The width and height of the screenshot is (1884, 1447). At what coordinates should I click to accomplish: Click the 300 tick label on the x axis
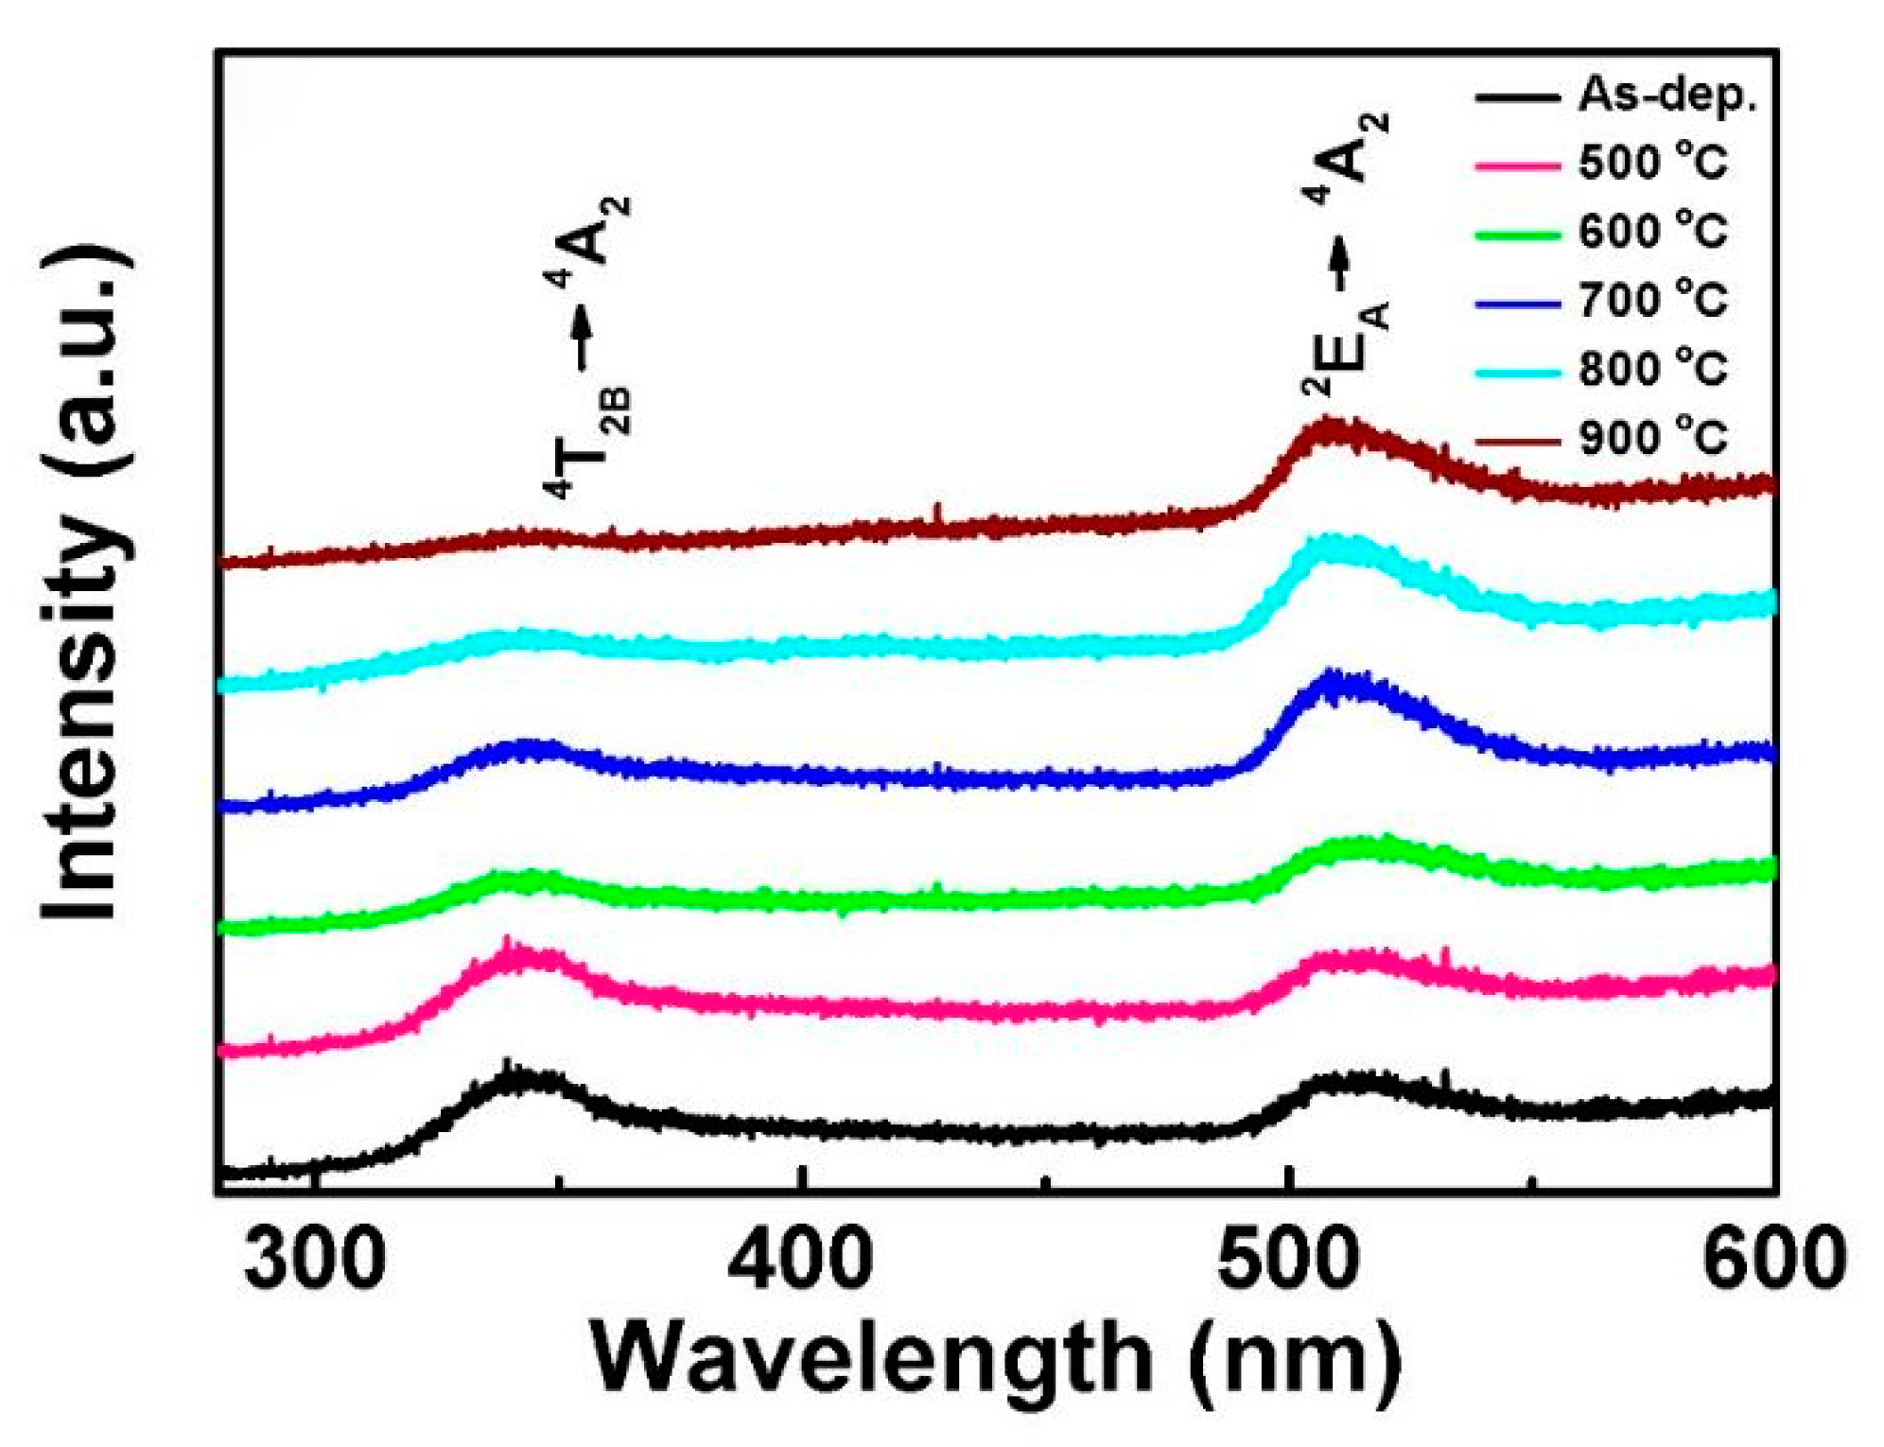315,1261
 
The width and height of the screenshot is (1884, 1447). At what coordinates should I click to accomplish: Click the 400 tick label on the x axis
801,1261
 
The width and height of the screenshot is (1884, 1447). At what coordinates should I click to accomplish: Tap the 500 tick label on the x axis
1288,1261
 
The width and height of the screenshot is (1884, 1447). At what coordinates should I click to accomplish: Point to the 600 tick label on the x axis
1774,1261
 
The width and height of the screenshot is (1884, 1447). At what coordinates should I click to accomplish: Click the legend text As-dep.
1666,96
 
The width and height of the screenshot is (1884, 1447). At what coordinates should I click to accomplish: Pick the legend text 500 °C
1652,164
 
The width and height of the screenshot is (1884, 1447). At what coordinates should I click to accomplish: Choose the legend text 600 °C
1652,232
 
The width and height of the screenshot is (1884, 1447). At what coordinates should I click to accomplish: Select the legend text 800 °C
1652,369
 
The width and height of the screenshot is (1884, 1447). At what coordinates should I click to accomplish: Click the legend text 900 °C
1652,438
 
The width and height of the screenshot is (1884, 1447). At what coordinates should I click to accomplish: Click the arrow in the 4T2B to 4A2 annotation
582,336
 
